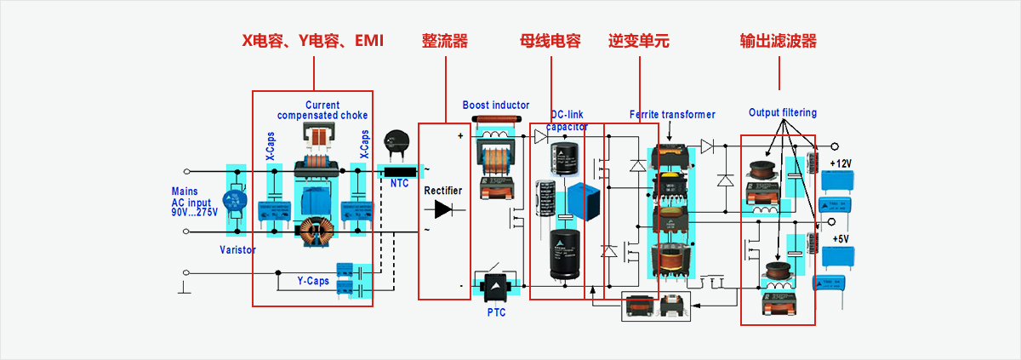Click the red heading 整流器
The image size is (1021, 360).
445,41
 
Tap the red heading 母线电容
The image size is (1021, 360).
550,41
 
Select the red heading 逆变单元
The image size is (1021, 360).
639,41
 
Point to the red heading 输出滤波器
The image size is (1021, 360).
779,41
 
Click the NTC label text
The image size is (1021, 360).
400,183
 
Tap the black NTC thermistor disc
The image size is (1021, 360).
395,141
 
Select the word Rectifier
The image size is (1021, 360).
443,191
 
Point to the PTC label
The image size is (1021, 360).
496,312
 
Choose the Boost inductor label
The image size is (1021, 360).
496,106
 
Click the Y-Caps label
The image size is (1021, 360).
313,280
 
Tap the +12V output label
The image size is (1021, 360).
841,163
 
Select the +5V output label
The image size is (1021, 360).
841,239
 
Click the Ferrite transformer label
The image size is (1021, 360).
672,114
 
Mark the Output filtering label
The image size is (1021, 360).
783,112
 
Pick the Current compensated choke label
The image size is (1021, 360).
322,111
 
